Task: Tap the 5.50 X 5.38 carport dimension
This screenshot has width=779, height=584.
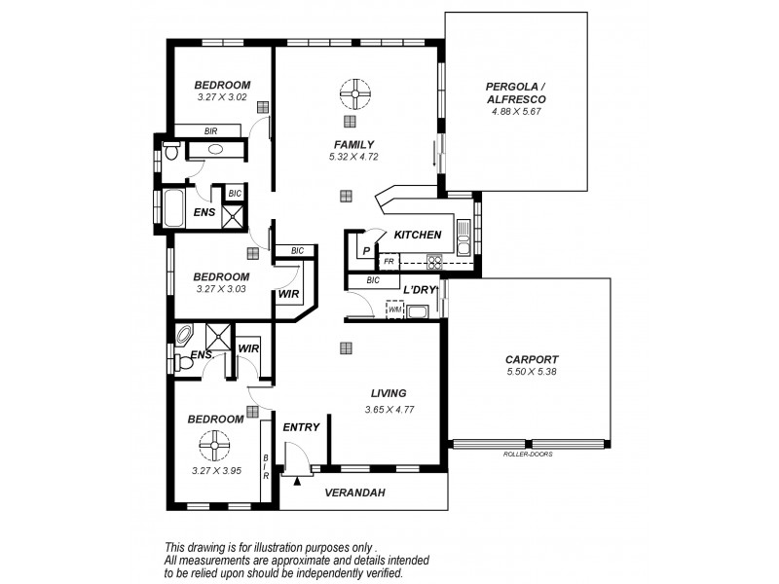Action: point(531,372)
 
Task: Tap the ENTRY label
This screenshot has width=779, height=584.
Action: point(301,426)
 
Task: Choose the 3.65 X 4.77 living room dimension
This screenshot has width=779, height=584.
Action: point(388,409)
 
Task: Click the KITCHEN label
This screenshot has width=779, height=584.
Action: point(418,235)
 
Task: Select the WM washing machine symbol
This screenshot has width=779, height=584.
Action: point(394,311)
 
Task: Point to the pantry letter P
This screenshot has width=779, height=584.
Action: point(366,251)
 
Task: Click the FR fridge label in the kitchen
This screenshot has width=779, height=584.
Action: point(389,261)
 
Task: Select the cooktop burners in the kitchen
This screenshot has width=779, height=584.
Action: point(434,261)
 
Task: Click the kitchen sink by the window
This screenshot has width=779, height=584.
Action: point(464,235)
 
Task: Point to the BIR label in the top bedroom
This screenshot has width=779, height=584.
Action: point(210,130)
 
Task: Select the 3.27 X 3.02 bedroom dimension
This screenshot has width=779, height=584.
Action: point(222,97)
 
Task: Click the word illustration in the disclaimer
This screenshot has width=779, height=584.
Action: point(291,547)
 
